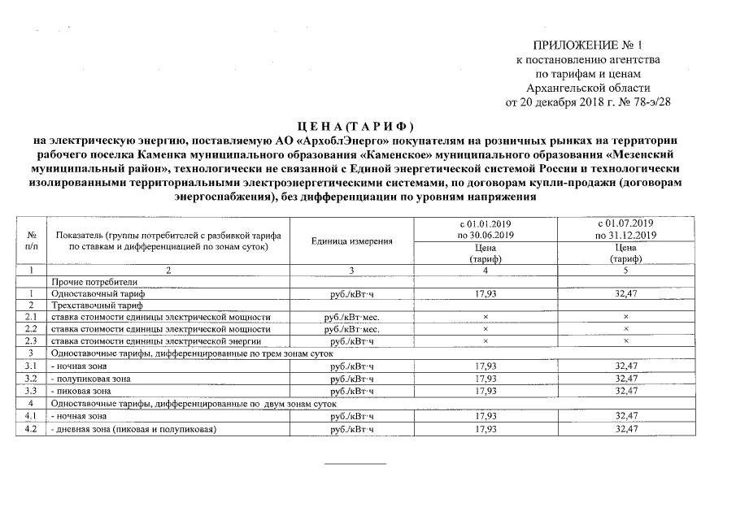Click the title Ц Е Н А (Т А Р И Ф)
coord(356,126)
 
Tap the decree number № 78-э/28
coord(642,102)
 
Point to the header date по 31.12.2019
coord(625,235)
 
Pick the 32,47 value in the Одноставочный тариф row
coord(626,294)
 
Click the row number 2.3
coord(32,341)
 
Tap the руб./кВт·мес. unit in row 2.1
coord(351,318)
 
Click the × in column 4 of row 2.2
coord(485,330)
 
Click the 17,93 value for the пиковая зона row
coord(485,391)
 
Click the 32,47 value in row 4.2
coord(626,428)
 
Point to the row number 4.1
coord(32,416)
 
